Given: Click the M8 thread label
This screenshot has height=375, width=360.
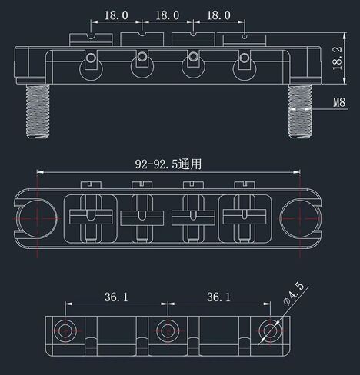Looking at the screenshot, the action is (339, 102).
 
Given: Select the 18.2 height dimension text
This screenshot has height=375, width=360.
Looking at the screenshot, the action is (338, 58).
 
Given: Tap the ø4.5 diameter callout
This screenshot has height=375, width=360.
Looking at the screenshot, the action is (294, 294).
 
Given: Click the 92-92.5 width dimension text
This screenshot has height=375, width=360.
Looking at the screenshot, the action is (168, 164).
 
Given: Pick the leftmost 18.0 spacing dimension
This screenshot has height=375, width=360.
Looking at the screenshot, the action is (116, 15).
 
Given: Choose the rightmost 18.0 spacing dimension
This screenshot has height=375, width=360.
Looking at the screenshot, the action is (218, 15).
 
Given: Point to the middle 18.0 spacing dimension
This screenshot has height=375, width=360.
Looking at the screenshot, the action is (168, 15).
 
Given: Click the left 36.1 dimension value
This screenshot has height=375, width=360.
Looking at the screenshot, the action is (116, 297).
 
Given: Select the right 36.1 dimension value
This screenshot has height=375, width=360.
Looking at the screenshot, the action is (218, 297).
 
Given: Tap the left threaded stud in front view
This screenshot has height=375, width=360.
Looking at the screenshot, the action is (38, 111).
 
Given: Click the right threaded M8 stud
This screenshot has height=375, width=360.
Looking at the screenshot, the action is (300, 111).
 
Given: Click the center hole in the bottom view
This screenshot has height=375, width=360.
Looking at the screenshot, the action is (168, 330).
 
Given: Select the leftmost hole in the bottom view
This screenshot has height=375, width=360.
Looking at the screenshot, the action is (65, 330).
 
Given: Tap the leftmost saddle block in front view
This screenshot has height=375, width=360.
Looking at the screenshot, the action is (91, 40).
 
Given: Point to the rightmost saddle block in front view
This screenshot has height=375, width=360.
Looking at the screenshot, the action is (245, 40).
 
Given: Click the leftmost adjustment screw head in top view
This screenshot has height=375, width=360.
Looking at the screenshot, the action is (91, 184).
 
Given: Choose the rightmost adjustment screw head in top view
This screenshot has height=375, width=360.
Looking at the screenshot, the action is (245, 184).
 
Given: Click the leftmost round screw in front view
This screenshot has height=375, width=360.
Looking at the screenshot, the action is (91, 58).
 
